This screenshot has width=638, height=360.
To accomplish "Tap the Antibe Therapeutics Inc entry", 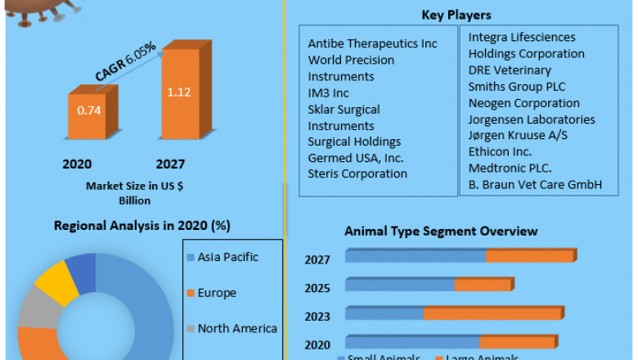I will (372, 43).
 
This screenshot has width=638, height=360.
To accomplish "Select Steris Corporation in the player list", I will (357, 173).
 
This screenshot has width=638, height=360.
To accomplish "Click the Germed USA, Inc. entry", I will (356, 158).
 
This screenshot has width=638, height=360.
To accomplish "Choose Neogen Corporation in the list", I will (523, 103).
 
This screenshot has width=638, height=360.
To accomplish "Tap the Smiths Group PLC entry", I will (516, 86).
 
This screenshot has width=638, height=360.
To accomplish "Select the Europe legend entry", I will (216, 293).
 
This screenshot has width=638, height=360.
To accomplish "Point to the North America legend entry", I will (236, 328).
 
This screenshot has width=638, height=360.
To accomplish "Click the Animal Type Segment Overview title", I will (441, 232).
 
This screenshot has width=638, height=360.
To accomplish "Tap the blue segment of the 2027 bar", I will (416, 257).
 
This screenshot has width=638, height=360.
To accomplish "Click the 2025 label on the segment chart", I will (317, 288).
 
